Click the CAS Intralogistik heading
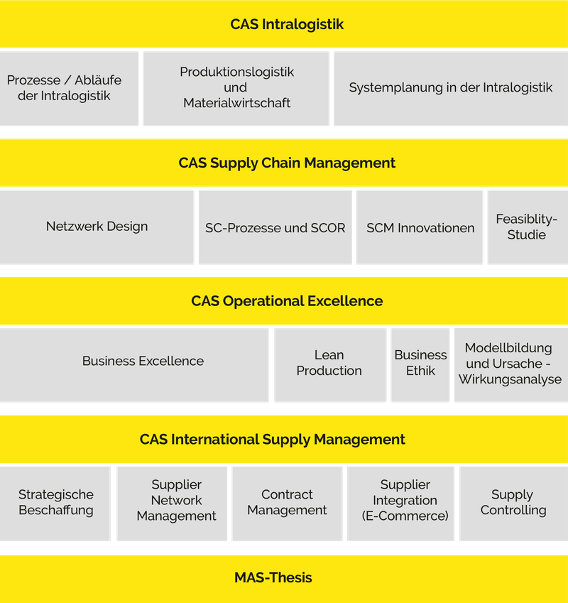click(x=287, y=24)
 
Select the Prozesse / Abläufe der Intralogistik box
click(x=69, y=88)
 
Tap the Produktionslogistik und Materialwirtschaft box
click(x=236, y=88)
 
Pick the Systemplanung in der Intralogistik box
click(x=450, y=88)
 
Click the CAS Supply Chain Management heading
click(x=287, y=163)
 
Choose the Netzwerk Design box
click(x=97, y=227)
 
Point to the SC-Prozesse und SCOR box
click(x=275, y=228)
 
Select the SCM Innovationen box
click(x=420, y=228)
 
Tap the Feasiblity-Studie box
click(x=527, y=227)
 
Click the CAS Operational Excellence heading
click(x=287, y=301)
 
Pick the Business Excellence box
click(x=143, y=361)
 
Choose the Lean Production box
click(x=329, y=363)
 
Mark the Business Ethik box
click(x=420, y=363)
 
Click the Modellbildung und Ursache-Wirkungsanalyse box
click(x=510, y=363)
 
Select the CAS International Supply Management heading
click(x=273, y=440)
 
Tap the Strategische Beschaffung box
click(x=55, y=502)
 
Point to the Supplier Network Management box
click(x=176, y=501)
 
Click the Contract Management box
click(x=287, y=502)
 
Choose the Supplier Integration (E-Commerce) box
click(x=405, y=501)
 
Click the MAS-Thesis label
click(x=273, y=577)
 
